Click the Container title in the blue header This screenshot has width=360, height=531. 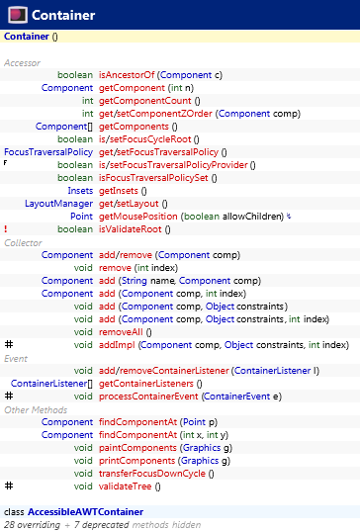(x=63, y=16)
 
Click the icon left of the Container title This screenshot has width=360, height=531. (x=17, y=16)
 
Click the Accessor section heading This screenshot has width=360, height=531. (x=22, y=62)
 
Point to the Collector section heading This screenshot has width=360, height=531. (x=22, y=242)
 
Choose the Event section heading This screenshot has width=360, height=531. (x=16, y=358)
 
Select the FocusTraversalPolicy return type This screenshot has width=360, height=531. (x=46, y=152)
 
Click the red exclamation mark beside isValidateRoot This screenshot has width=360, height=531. (x=6, y=229)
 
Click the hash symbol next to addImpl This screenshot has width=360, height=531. (x=8, y=345)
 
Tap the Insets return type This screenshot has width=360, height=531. (x=80, y=191)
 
